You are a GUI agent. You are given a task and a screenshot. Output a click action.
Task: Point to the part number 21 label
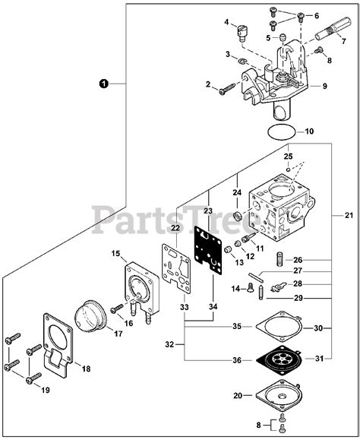coord(337,216)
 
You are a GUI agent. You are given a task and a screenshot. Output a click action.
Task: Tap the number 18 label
coord(86,368)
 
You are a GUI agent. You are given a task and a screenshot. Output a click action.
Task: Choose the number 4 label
coord(226,23)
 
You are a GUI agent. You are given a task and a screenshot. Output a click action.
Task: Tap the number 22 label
coord(175,227)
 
